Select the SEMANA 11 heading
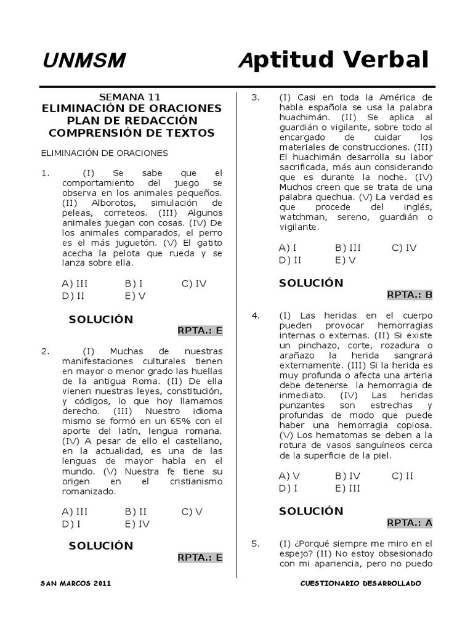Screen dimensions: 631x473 [130, 97]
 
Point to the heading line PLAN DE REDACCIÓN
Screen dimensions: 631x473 [132, 120]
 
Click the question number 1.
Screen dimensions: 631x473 [44, 173]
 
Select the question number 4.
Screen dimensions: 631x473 [254, 315]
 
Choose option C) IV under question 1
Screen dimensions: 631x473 [193, 283]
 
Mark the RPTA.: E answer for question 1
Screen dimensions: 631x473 [200, 330]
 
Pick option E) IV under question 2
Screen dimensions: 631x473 [137, 524]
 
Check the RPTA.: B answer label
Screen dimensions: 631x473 [410, 295]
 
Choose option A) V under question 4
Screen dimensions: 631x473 [289, 476]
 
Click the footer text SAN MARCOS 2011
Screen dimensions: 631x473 [76, 583]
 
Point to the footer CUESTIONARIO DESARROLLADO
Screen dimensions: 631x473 [360, 583]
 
